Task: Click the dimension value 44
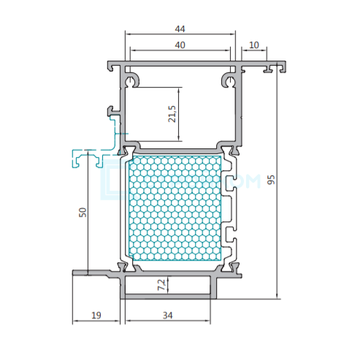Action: click(180, 29)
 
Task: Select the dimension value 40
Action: click(180, 45)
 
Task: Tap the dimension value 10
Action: click(254, 45)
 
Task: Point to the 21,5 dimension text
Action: click(172, 114)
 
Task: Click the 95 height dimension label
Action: click(271, 180)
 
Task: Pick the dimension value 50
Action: click(83, 212)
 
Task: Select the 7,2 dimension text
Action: click(161, 285)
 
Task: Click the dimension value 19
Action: click(96, 315)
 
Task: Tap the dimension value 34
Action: click(168, 315)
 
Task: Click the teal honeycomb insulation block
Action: click(175, 208)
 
